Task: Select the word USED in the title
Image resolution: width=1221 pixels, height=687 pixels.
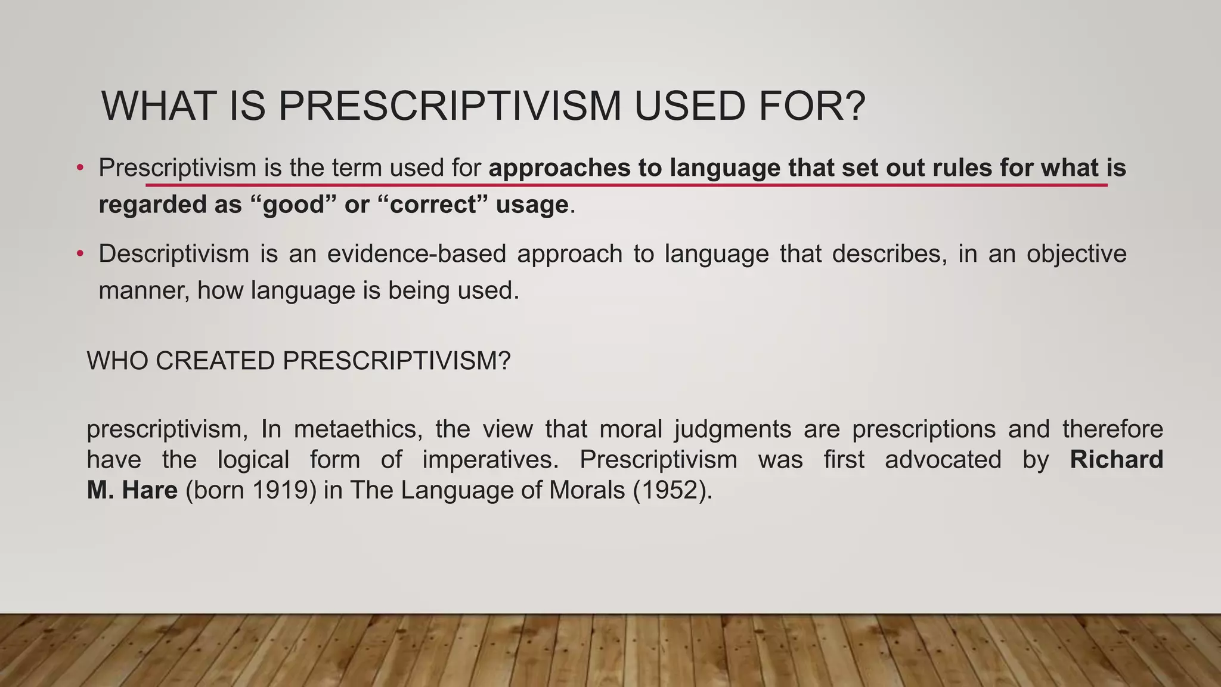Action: coord(689,106)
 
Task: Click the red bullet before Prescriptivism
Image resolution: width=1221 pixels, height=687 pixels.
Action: coord(80,168)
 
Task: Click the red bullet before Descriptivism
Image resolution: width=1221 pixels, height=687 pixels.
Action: coord(80,254)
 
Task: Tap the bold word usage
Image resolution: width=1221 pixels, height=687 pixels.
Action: coord(532,205)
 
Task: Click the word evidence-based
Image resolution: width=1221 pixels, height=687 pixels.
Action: coord(416,254)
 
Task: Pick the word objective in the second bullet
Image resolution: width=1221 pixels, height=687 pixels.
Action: coord(1076,254)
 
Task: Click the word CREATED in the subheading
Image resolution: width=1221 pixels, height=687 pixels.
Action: coord(215,361)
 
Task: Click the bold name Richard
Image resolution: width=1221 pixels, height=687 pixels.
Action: coord(1116,460)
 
